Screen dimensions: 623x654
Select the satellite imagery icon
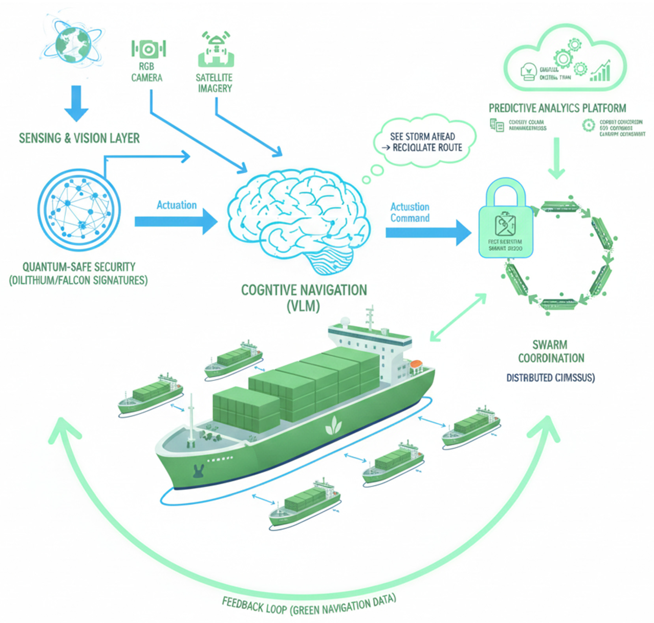click(x=216, y=50)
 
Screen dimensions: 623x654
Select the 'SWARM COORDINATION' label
click(x=551, y=351)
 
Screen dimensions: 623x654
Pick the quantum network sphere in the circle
click(x=79, y=210)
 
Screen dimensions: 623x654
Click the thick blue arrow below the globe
click(x=76, y=103)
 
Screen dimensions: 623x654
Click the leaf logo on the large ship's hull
click(x=333, y=426)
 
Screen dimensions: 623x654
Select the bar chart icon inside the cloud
click(x=601, y=71)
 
